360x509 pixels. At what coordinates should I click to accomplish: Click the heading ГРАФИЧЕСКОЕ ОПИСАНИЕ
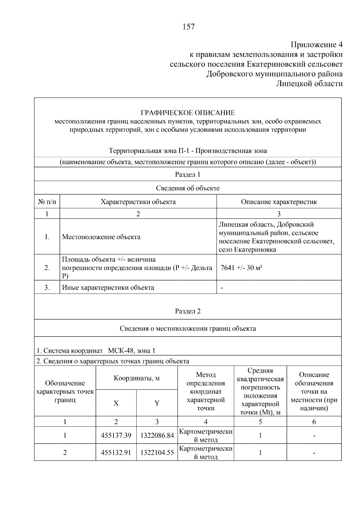[188, 113]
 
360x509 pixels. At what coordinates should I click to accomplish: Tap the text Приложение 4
[316, 45]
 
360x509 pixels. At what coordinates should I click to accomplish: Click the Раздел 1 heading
[187, 174]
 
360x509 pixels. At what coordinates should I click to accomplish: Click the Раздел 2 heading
[187, 311]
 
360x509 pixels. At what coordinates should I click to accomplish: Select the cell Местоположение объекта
[101, 237]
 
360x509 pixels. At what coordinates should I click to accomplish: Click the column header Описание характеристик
[279, 202]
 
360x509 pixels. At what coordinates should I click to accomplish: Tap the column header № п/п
[47, 202]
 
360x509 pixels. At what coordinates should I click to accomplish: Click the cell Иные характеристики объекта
[108, 287]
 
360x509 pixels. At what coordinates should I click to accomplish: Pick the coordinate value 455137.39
[116, 435]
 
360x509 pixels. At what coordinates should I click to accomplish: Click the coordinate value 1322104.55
[157, 452]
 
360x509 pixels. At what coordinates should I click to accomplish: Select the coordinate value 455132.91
[116, 452]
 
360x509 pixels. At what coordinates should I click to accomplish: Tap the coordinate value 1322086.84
[157, 435]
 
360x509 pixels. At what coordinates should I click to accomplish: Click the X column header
[116, 403]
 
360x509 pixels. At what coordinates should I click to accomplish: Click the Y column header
[157, 403]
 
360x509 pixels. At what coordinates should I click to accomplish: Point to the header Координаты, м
[136, 378]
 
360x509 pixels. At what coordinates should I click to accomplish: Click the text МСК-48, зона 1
[131, 350]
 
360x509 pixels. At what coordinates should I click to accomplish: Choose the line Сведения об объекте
[187, 188]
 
